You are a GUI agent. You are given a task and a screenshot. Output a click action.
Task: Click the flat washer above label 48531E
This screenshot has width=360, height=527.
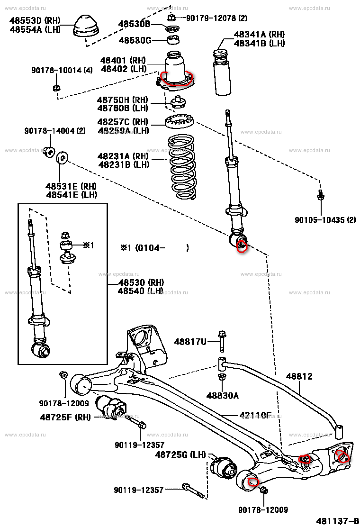click(x=62, y=157)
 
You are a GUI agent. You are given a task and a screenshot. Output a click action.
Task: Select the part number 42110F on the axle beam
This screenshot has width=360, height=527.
click(x=255, y=416)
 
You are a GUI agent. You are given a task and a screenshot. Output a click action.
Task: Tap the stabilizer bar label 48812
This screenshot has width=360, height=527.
click(x=299, y=376)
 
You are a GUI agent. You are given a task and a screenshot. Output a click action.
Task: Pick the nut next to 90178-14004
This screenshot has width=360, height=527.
click(x=48, y=152)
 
